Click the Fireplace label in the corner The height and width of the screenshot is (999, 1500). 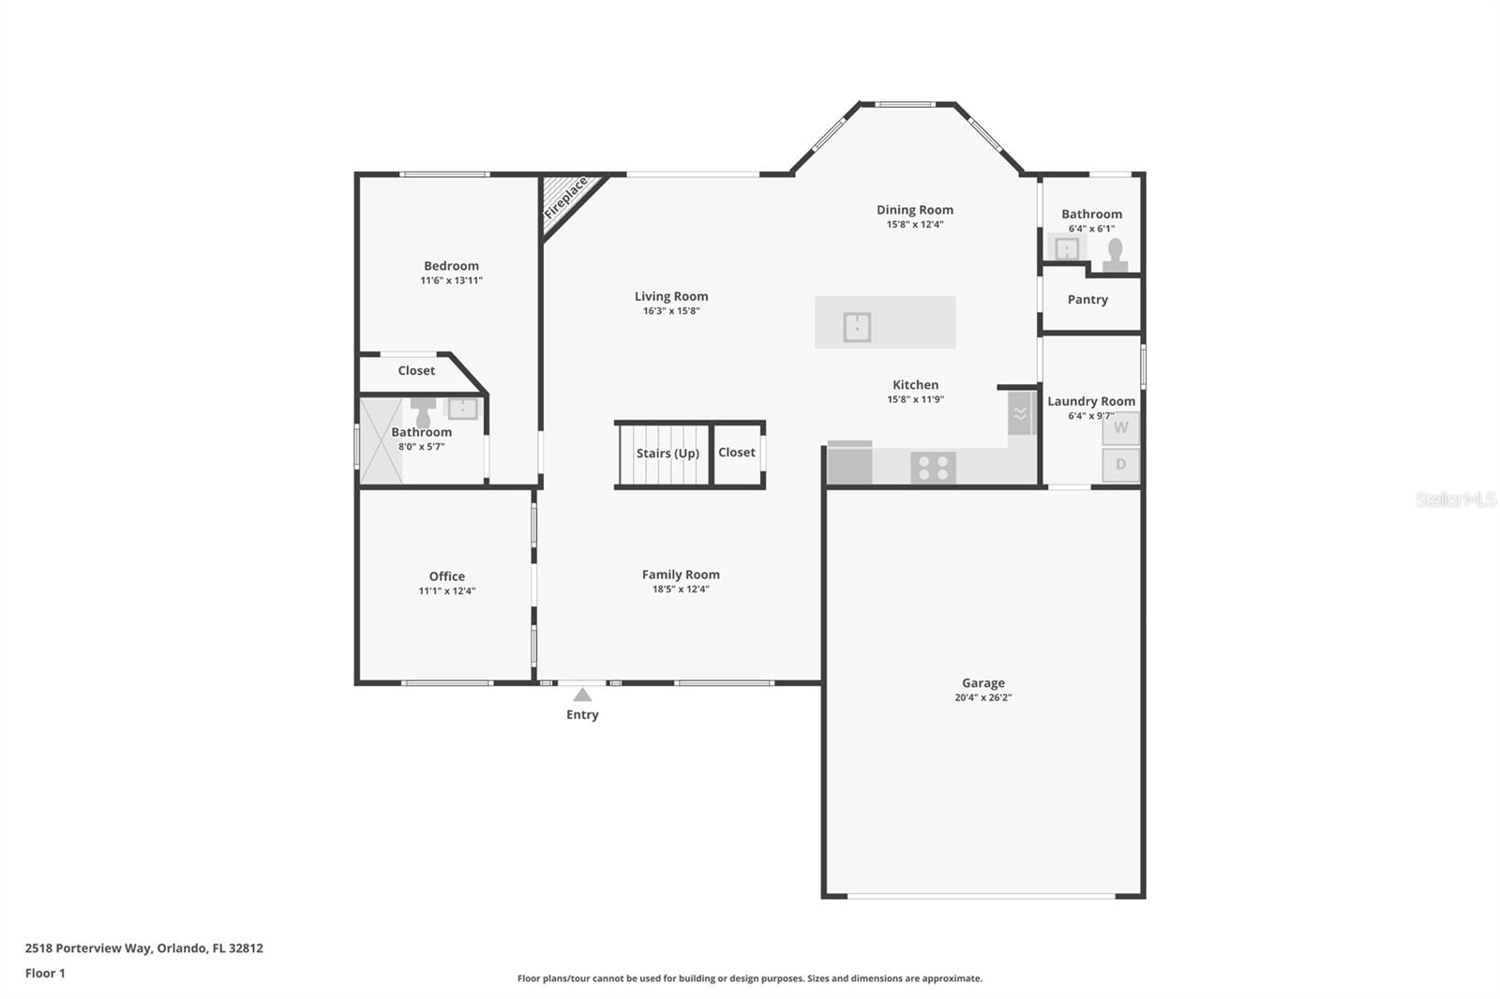(566, 198)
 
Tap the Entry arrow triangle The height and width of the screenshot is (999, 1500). (582, 695)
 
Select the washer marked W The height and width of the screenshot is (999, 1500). (1121, 428)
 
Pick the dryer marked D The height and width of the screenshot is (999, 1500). (1121, 465)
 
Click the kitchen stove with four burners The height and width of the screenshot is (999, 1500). (933, 468)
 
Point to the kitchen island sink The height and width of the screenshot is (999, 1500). (857, 327)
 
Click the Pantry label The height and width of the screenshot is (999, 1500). (1087, 299)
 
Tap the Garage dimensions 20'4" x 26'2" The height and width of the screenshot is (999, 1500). (983, 697)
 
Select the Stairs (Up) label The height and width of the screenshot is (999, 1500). (667, 454)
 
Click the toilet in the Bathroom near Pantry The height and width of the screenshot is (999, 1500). (1115, 255)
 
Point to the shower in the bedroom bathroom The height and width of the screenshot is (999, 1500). (381, 440)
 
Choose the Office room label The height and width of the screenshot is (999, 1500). (446, 575)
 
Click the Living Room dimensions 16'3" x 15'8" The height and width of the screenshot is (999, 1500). (671, 311)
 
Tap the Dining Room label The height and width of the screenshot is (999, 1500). (915, 210)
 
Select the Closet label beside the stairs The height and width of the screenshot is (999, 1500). (737, 452)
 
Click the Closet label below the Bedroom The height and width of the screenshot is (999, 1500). (416, 370)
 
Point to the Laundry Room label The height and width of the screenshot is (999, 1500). (1091, 401)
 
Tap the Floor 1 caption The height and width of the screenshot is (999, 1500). (45, 973)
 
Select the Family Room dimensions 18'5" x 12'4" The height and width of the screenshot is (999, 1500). (681, 589)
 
